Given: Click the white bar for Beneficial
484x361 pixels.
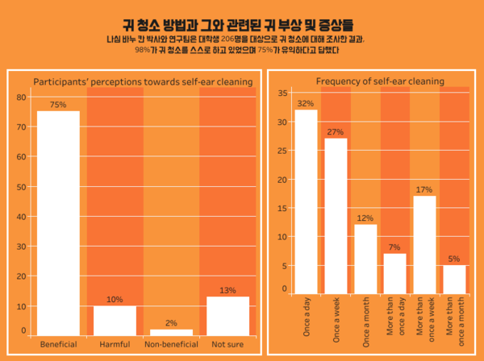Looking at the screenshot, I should pos(58,222).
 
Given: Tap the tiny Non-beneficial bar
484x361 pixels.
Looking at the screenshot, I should pos(171,331).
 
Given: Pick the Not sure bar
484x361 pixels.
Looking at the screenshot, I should pos(227,315).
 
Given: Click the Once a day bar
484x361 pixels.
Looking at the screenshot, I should pos(306,201).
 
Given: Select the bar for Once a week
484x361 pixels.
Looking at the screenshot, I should pos(336,215).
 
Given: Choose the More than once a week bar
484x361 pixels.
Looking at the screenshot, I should pos(424,244).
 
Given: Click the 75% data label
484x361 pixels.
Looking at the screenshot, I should pos(58,105).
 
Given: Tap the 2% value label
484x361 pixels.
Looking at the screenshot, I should pos(171,323).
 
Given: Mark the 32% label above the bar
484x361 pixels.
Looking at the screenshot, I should pos(306,103).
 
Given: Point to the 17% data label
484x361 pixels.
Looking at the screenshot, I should pos(424,189).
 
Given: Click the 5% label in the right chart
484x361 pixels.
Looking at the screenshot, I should pos(454,259).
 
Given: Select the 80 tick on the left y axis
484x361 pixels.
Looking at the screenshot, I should pos(22,97).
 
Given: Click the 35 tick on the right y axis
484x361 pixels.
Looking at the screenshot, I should pos(282,93).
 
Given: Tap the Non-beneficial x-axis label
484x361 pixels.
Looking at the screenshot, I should pos(171,344).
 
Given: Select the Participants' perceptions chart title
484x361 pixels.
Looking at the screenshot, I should pos(143,81).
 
